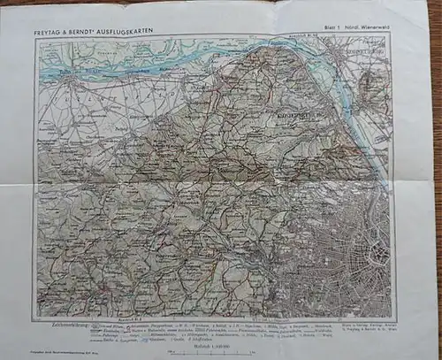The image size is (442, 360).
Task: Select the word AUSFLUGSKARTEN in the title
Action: click(x=138, y=33)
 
